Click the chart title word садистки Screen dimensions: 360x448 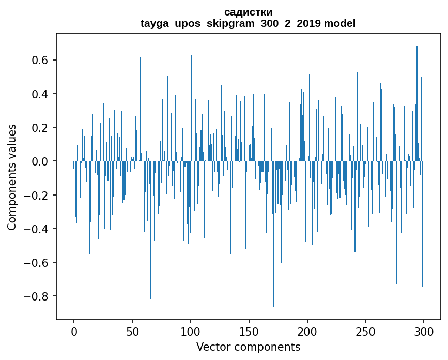tap(248, 12)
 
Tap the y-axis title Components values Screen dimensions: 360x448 tap(12, 177)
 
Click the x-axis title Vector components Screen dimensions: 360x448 tap(248, 347)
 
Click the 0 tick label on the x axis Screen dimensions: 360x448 tap(74, 331)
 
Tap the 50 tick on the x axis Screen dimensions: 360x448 tap(132, 331)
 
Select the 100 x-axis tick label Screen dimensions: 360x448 tap(191, 331)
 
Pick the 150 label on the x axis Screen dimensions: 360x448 tap(249, 331)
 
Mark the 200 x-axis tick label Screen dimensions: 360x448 tap(307, 331)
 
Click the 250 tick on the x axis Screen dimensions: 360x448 tap(365, 331)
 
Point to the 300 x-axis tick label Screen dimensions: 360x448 tap(424, 331)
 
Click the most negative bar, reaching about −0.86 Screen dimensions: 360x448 tap(273, 259)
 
